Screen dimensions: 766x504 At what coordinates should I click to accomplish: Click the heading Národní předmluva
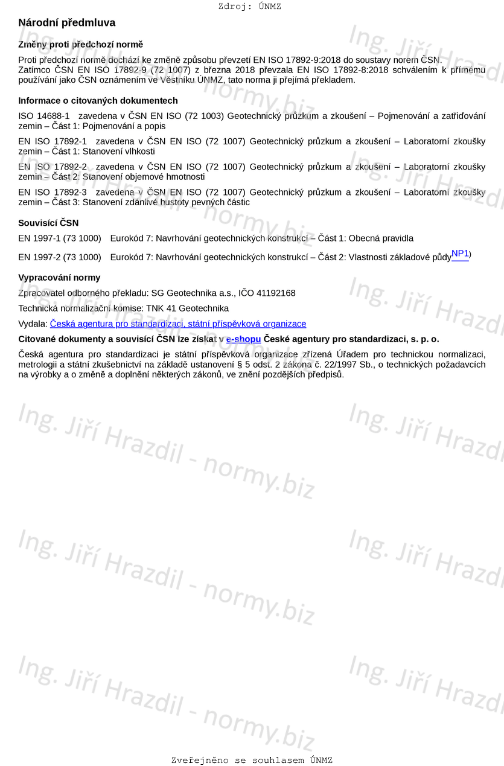click(66, 23)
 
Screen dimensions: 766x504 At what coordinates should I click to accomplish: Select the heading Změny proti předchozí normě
click(80, 45)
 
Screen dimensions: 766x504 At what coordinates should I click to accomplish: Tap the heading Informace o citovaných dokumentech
click(98, 101)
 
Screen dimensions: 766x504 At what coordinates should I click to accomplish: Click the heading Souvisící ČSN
click(48, 223)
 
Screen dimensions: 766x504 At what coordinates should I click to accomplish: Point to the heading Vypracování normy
click(59, 278)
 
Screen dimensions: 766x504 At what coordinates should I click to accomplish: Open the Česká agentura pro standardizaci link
click(177, 324)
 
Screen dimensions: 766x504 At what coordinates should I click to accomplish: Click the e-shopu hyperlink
click(243, 339)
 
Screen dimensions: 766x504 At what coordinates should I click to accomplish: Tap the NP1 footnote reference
click(460, 254)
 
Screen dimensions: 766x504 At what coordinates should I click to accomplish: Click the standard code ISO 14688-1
click(44, 116)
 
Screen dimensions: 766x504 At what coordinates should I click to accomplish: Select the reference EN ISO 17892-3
click(53, 193)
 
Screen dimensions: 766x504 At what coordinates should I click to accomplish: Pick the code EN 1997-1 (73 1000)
click(60, 238)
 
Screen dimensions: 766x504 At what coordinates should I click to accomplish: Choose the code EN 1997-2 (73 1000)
click(60, 257)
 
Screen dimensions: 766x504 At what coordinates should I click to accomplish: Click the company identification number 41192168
click(276, 293)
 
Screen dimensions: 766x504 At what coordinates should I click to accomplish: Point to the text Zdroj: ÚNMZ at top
click(249, 7)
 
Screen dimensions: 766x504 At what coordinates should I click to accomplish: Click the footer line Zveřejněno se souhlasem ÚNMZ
click(252, 761)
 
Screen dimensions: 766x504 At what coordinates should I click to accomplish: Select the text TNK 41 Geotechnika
click(187, 308)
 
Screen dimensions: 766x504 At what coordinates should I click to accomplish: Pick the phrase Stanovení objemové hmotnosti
click(144, 177)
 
